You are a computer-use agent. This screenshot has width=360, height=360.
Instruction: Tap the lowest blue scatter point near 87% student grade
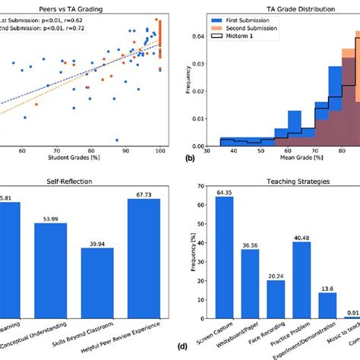117,140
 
